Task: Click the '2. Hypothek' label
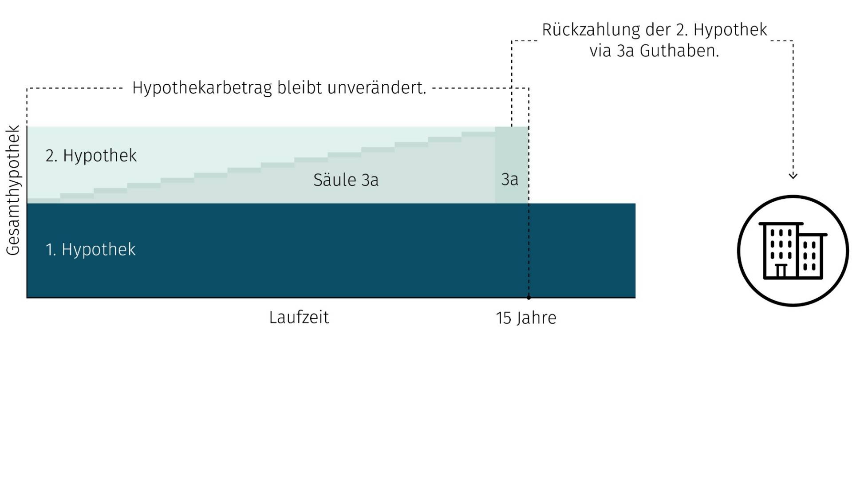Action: tap(91, 156)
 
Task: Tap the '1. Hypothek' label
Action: tap(91, 249)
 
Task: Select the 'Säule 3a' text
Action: tap(346, 180)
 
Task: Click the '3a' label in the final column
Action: tap(509, 180)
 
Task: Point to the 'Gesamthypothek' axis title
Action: tap(13, 190)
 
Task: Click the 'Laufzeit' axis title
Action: tap(299, 318)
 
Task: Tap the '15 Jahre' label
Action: tap(526, 318)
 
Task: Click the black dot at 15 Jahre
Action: tap(529, 298)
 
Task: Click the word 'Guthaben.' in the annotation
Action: tap(679, 51)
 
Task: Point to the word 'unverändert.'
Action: tap(377, 88)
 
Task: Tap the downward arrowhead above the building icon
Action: tap(793, 176)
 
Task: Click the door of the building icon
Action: tap(781, 271)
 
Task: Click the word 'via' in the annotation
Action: tap(600, 51)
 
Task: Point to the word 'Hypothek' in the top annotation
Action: tap(730, 30)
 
